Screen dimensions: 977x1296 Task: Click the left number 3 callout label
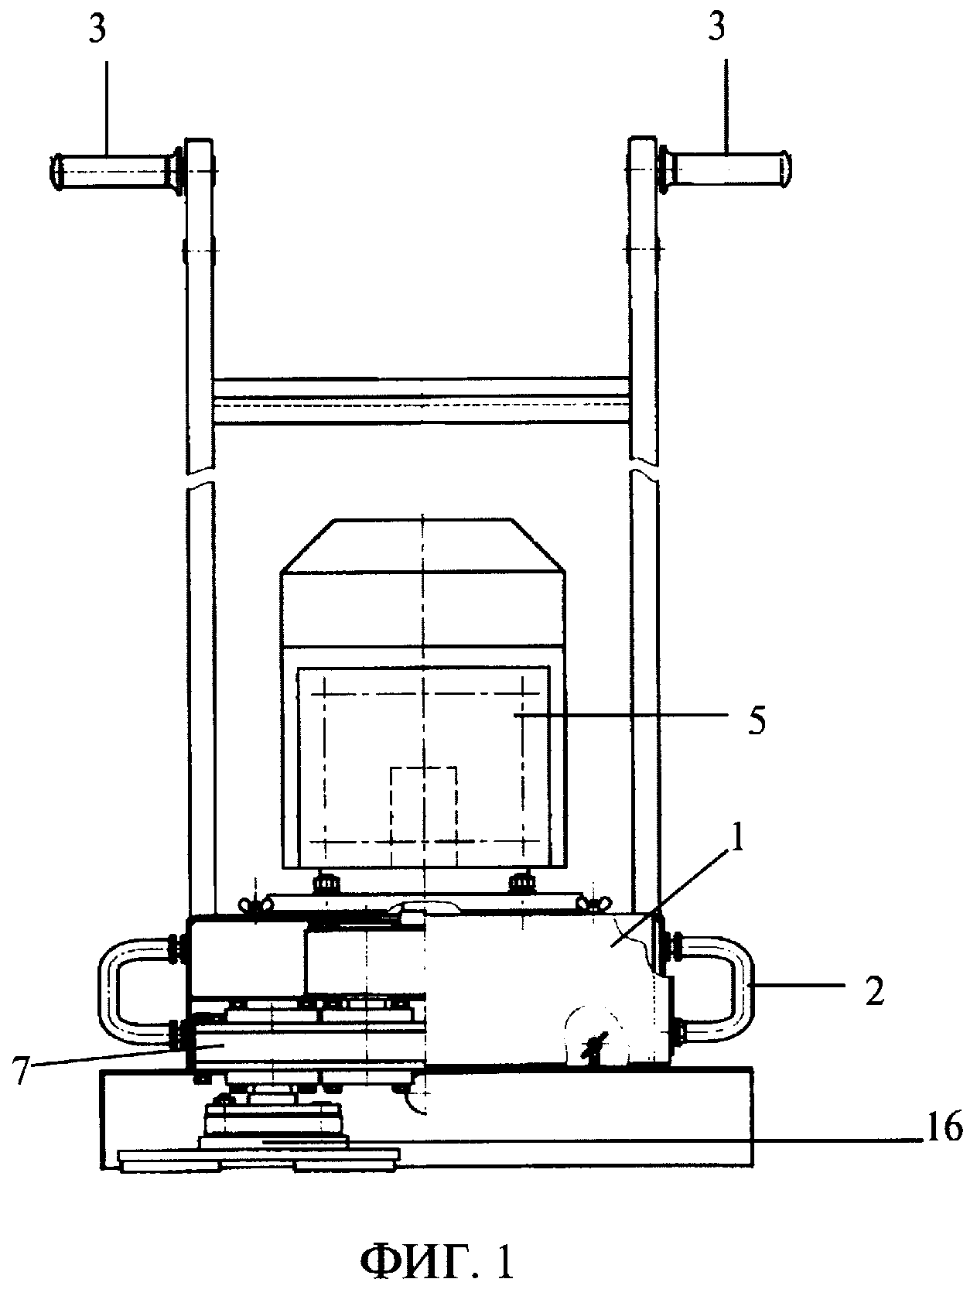click(97, 29)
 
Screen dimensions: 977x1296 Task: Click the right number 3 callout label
click(716, 26)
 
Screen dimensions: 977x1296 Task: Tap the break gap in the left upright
click(200, 477)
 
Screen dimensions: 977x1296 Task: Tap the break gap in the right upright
click(644, 476)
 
